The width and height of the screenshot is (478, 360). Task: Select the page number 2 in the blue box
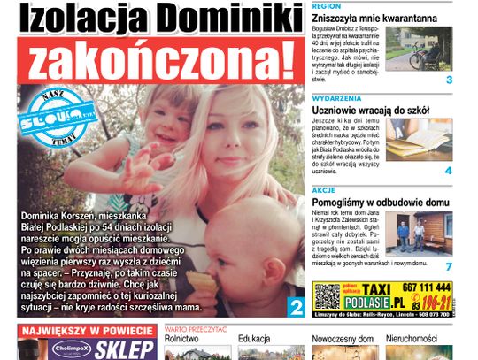click(x=296, y=306)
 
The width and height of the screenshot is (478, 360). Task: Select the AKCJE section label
click(x=322, y=189)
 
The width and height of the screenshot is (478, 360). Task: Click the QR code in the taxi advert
click(x=328, y=295)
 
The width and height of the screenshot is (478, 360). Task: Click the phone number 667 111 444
click(x=424, y=287)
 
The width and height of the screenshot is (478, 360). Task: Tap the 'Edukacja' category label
click(x=254, y=338)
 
